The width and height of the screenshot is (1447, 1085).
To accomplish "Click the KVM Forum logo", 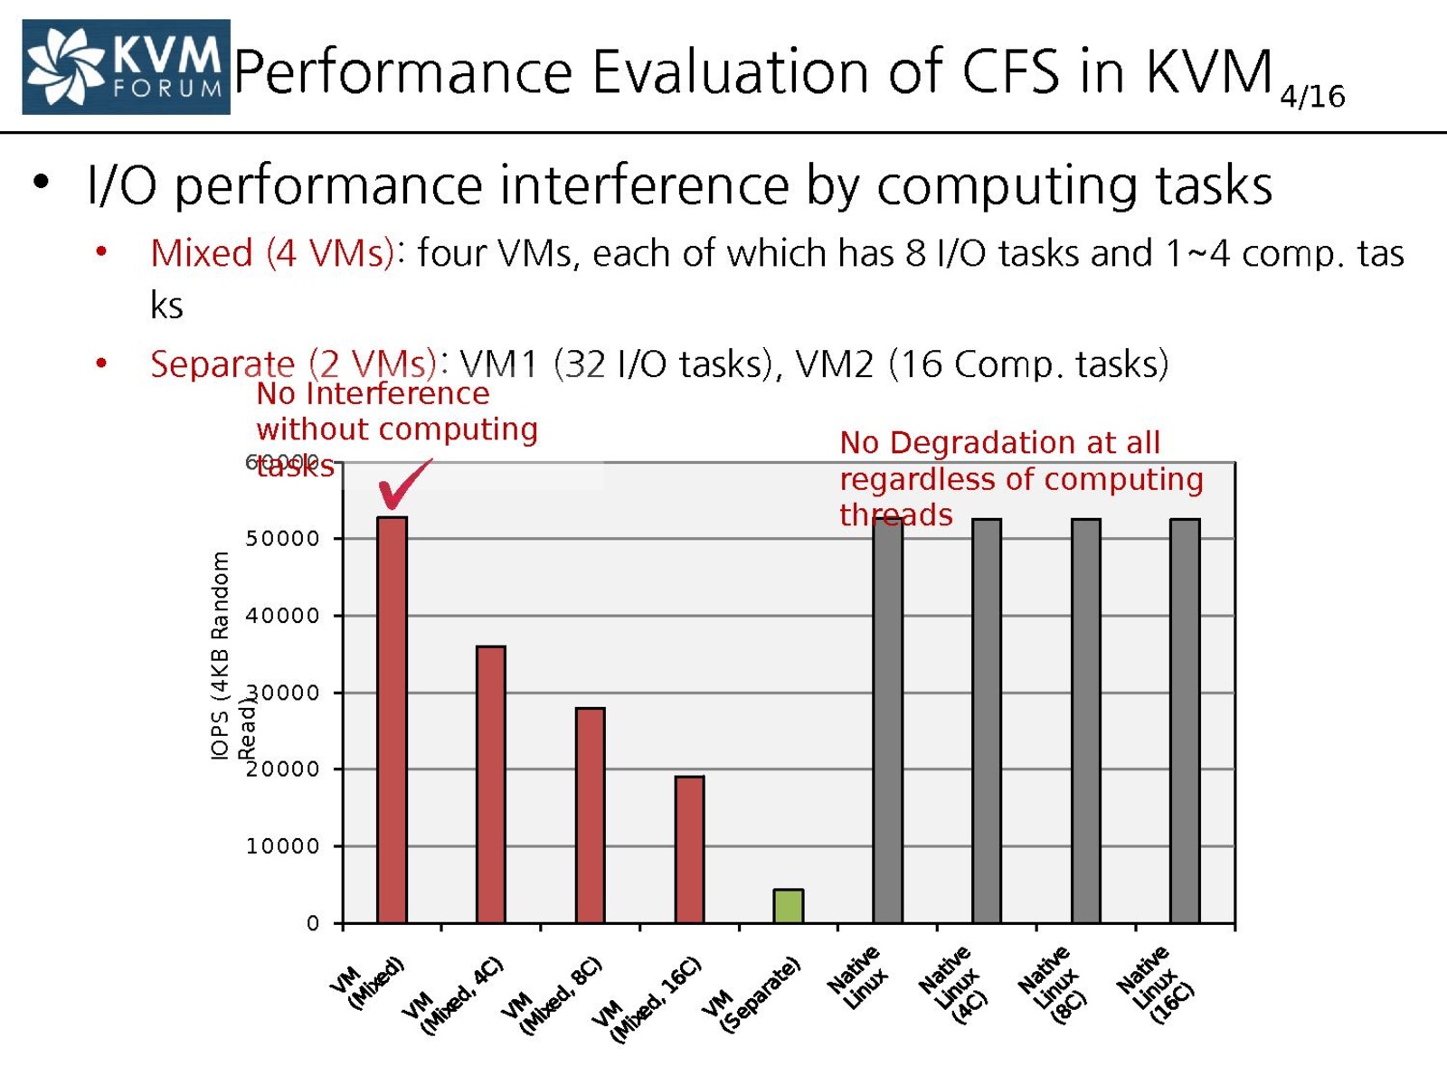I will (126, 67).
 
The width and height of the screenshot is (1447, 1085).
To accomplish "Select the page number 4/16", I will (1312, 96).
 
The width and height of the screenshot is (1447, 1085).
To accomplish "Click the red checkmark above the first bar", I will (402, 484).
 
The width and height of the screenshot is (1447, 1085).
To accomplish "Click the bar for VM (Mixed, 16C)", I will (689, 849).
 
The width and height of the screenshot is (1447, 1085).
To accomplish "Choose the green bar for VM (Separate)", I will (788, 905).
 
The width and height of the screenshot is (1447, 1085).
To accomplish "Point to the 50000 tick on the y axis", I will (283, 539).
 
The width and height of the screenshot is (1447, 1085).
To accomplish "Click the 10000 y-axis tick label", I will (283, 846).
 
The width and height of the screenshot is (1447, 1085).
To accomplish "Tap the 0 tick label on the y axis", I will (313, 923).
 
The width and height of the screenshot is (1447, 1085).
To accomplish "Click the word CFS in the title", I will (1009, 71).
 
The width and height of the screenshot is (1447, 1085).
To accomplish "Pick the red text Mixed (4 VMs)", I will (271, 253).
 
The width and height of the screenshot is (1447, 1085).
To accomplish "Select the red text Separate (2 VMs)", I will (294, 363).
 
